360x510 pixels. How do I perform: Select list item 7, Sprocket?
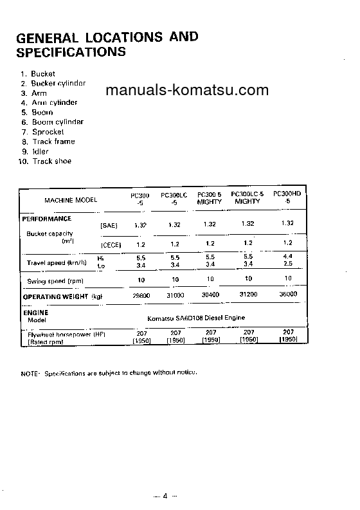click(x=44, y=132)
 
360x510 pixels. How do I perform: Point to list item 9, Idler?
click(x=39, y=152)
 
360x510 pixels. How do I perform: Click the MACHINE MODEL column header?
click(x=71, y=200)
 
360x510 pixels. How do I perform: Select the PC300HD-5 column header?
click(x=287, y=196)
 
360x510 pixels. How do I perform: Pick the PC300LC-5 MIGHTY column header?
click(x=248, y=197)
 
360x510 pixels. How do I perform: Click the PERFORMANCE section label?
click(x=47, y=219)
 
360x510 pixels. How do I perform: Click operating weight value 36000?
click(x=287, y=294)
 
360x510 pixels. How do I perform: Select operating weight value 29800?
click(x=141, y=296)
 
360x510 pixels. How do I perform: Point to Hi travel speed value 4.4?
click(x=287, y=256)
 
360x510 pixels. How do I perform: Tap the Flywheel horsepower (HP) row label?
click(x=67, y=335)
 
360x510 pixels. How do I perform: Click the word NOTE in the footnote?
click(x=30, y=373)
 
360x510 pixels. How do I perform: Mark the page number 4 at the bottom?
click(x=165, y=496)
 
